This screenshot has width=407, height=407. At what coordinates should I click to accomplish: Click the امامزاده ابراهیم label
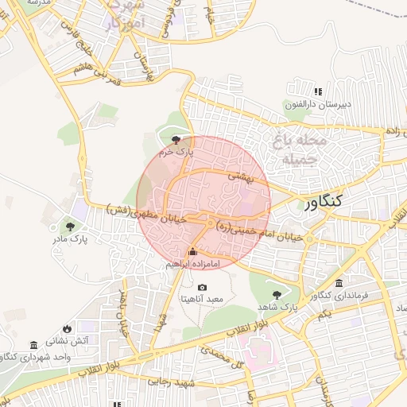192,266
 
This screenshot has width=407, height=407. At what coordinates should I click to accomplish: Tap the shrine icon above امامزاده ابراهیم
191,254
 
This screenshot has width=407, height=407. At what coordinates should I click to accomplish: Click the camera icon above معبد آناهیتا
202,288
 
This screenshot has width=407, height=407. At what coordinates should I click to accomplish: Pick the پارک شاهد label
278,306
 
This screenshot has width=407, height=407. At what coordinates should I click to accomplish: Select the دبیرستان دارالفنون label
318,103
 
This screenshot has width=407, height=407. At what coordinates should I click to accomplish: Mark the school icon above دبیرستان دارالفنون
319,91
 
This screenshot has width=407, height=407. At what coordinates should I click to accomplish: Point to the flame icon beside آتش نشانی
67,328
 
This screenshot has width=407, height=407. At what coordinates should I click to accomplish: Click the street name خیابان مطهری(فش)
147,215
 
